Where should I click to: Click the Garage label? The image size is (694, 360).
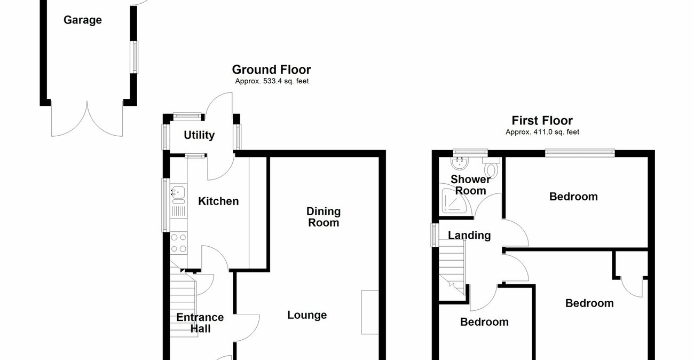[x=83, y=20]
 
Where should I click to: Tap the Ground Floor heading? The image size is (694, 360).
[x=271, y=70]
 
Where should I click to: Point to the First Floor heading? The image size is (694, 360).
[x=542, y=120]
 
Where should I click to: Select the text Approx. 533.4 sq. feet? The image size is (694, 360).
[x=272, y=81]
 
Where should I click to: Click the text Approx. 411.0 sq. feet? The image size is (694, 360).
[x=542, y=132]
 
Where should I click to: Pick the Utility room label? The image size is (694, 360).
[x=199, y=135]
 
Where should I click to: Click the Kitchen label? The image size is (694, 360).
[x=218, y=201]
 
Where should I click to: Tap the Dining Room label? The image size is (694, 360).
[x=324, y=217]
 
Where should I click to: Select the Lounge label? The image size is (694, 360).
[x=307, y=315]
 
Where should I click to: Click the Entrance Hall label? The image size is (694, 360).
[x=200, y=323]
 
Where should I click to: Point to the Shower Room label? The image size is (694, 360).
[x=471, y=185]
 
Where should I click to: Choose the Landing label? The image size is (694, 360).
[x=469, y=236]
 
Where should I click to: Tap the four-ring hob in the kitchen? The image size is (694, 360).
[x=178, y=243]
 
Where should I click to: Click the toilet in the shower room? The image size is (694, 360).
[x=491, y=167]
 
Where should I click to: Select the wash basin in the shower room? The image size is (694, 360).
[x=459, y=163]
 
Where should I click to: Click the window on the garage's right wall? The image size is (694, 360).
[x=135, y=57]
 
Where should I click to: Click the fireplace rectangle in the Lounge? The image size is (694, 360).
[x=370, y=312]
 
